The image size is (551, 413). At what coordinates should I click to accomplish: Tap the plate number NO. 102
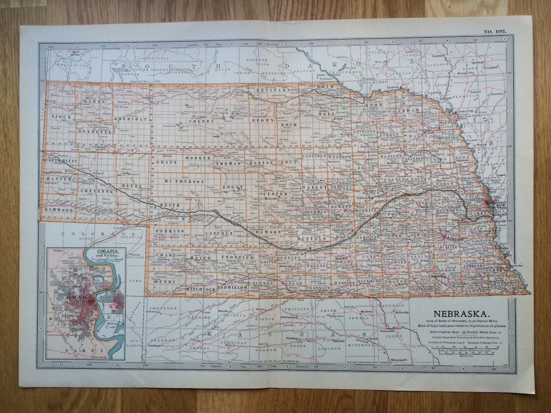coord(494,32)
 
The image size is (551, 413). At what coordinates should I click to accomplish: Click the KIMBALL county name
coord(59,210)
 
